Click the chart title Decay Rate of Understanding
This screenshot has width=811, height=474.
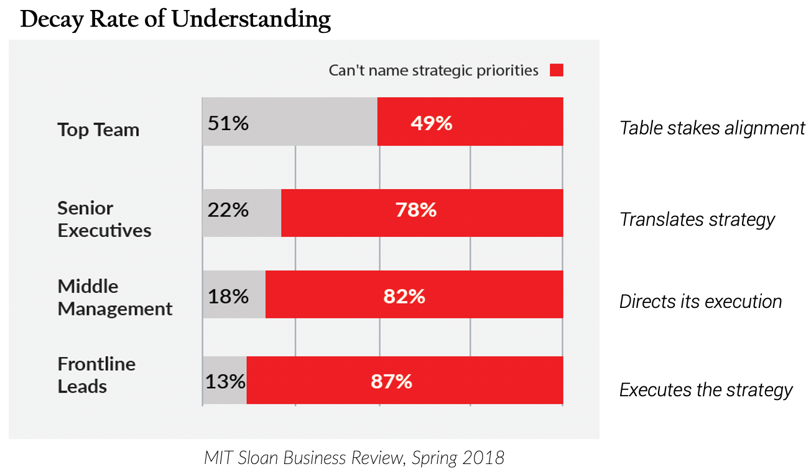tap(175, 20)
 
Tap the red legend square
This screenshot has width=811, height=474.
tap(556, 70)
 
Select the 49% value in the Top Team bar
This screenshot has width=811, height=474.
tap(431, 123)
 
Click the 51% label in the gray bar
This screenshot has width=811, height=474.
tap(228, 123)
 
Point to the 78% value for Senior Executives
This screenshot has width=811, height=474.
tap(416, 210)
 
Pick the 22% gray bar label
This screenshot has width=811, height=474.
tap(228, 210)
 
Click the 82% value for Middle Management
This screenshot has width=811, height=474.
tap(404, 296)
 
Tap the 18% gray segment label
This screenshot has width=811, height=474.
tap(228, 296)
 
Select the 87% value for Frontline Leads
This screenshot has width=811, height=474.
tap(391, 381)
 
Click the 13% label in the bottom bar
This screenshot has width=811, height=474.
tap(225, 381)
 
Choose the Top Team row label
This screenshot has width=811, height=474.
tap(98, 130)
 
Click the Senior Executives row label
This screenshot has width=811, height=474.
tap(104, 219)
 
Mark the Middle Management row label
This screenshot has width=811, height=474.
tap(115, 297)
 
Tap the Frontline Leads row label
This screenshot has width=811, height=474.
tap(96, 375)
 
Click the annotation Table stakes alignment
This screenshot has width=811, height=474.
tap(712, 128)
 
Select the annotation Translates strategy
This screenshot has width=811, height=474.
tap(697, 220)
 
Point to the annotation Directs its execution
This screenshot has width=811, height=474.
tap(700, 302)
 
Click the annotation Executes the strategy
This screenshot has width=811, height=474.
tap(706, 390)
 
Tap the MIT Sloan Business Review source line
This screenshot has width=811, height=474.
tap(354, 458)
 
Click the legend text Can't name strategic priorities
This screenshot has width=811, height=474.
tap(433, 70)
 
